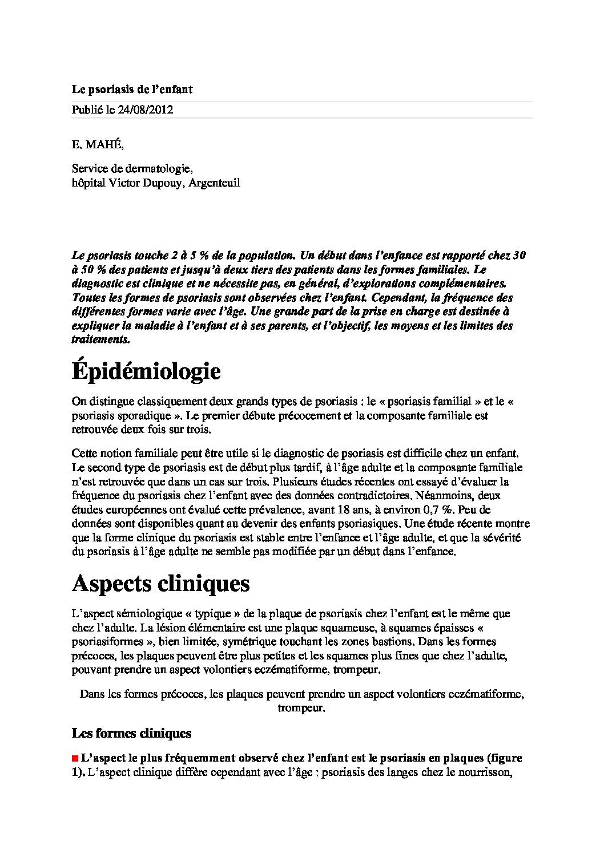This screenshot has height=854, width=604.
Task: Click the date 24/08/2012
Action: (x=146, y=110)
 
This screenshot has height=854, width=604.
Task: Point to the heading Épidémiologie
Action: (x=146, y=371)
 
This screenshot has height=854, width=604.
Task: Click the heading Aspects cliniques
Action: (x=160, y=584)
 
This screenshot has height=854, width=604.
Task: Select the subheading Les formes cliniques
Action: (x=131, y=733)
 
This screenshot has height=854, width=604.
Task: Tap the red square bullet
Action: (x=75, y=759)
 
